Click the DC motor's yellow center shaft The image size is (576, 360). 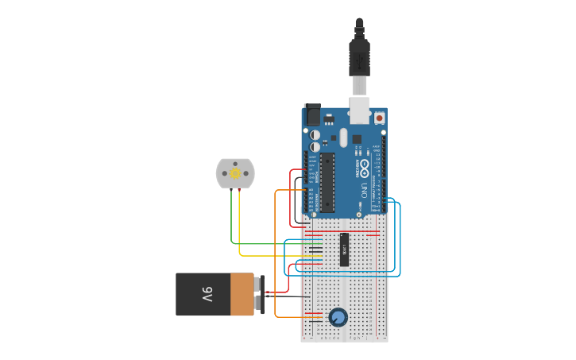[235, 173]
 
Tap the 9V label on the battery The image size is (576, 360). [207, 294]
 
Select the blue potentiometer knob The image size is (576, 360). [338, 318]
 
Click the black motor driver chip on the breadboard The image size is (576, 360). [345, 250]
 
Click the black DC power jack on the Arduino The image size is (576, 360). [311, 115]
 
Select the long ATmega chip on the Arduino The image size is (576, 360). [327, 182]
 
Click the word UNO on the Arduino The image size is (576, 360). [365, 192]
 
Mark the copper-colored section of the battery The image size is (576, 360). [242, 294]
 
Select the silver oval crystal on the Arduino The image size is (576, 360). [344, 137]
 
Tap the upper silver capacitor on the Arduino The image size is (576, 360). [315, 135]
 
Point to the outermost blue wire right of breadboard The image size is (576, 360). [400, 238]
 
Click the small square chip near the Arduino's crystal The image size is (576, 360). [357, 139]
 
